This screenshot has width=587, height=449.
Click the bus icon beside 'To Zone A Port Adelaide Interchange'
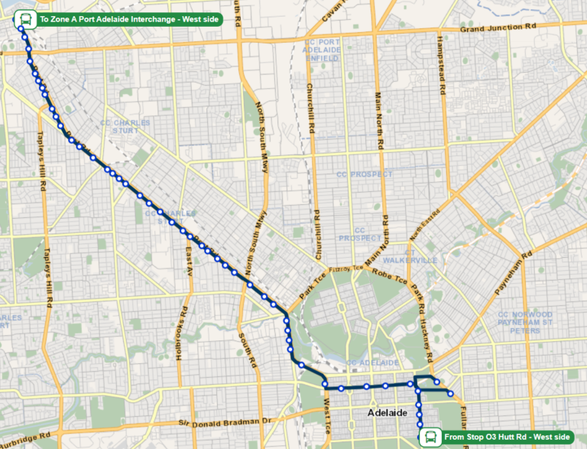point(25,18)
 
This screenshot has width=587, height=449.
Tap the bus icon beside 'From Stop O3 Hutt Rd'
point(431,437)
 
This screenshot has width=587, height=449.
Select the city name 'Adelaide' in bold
point(388,412)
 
